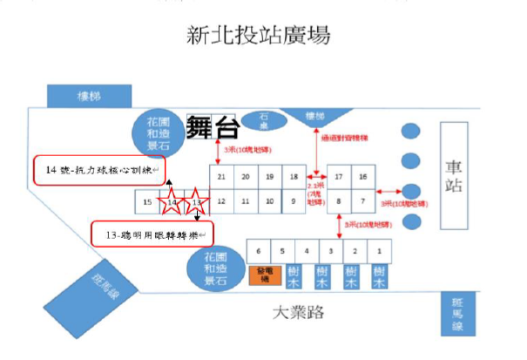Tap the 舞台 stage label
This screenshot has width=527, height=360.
pos(213,128)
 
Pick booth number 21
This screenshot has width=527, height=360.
pos(222,177)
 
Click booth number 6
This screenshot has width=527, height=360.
pos(259,251)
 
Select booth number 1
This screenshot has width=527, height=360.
pos(379,251)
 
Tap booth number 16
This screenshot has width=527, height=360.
pos(363,177)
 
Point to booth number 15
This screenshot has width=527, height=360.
pos(148,203)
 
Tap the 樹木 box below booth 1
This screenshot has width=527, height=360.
pos(379,278)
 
